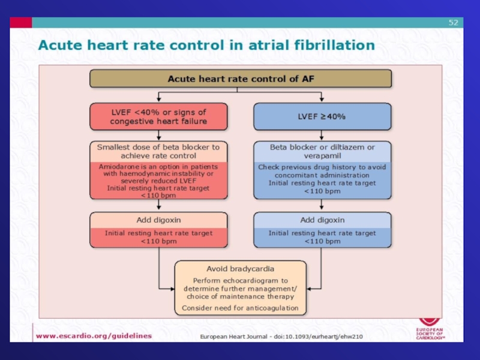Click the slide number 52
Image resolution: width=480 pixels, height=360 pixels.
coord(454,23)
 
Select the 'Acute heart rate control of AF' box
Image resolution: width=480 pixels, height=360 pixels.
coord(240,79)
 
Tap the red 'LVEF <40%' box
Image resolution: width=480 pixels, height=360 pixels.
coord(158,116)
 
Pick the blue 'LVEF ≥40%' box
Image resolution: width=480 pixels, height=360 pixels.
coord(322,116)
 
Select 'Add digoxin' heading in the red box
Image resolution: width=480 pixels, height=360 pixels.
coord(158,220)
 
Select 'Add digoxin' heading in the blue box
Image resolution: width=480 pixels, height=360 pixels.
coord(322,220)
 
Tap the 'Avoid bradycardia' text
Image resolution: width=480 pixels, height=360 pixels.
coord(240,268)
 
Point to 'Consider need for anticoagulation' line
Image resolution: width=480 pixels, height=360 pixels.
coord(240,308)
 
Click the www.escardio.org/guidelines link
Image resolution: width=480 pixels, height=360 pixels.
coord(94,336)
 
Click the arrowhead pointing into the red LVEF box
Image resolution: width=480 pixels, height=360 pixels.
coord(158,100)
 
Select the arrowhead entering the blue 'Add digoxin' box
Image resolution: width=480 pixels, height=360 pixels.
coord(322,209)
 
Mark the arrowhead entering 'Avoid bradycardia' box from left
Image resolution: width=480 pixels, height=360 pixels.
coord(171,287)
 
